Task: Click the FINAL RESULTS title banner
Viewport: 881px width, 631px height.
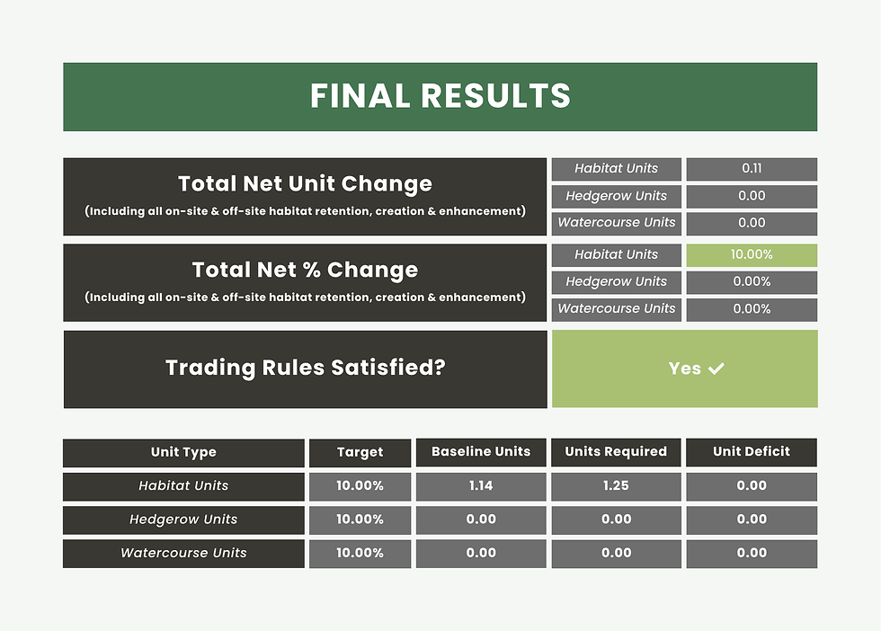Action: pyautogui.click(x=440, y=96)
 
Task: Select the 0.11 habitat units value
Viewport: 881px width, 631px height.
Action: pyautogui.click(x=752, y=168)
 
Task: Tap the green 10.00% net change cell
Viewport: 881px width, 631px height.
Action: pyautogui.click(x=752, y=254)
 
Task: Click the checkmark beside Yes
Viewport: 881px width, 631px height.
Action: pyautogui.click(x=716, y=369)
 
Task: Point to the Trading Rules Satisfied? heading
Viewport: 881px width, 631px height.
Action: pyautogui.click(x=305, y=368)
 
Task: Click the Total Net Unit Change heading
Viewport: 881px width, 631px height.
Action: pyautogui.click(x=305, y=184)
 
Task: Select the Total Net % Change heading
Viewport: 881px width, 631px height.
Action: pyautogui.click(x=305, y=270)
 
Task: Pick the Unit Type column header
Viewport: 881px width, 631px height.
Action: pyautogui.click(x=183, y=452)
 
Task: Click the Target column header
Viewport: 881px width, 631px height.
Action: pyautogui.click(x=360, y=452)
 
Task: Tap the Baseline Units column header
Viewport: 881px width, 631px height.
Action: pyautogui.click(x=481, y=451)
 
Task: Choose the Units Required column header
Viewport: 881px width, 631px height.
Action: pyautogui.click(x=616, y=451)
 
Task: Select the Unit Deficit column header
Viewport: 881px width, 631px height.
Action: pyautogui.click(x=752, y=451)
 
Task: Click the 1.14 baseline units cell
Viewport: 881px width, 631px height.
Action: pyautogui.click(x=481, y=485)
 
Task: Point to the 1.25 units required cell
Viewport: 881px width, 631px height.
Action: pyautogui.click(x=616, y=485)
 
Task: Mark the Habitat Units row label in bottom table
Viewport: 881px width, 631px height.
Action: pyautogui.click(x=183, y=485)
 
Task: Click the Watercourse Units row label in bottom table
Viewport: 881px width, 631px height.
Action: pyautogui.click(x=183, y=553)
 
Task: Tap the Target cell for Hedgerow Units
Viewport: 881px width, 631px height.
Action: pyautogui.click(x=360, y=520)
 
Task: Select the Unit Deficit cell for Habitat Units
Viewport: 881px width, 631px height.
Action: pyautogui.click(x=752, y=485)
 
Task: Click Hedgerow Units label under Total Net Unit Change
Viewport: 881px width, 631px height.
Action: pyautogui.click(x=617, y=196)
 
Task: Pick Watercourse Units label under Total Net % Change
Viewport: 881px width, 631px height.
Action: pyautogui.click(x=617, y=308)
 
